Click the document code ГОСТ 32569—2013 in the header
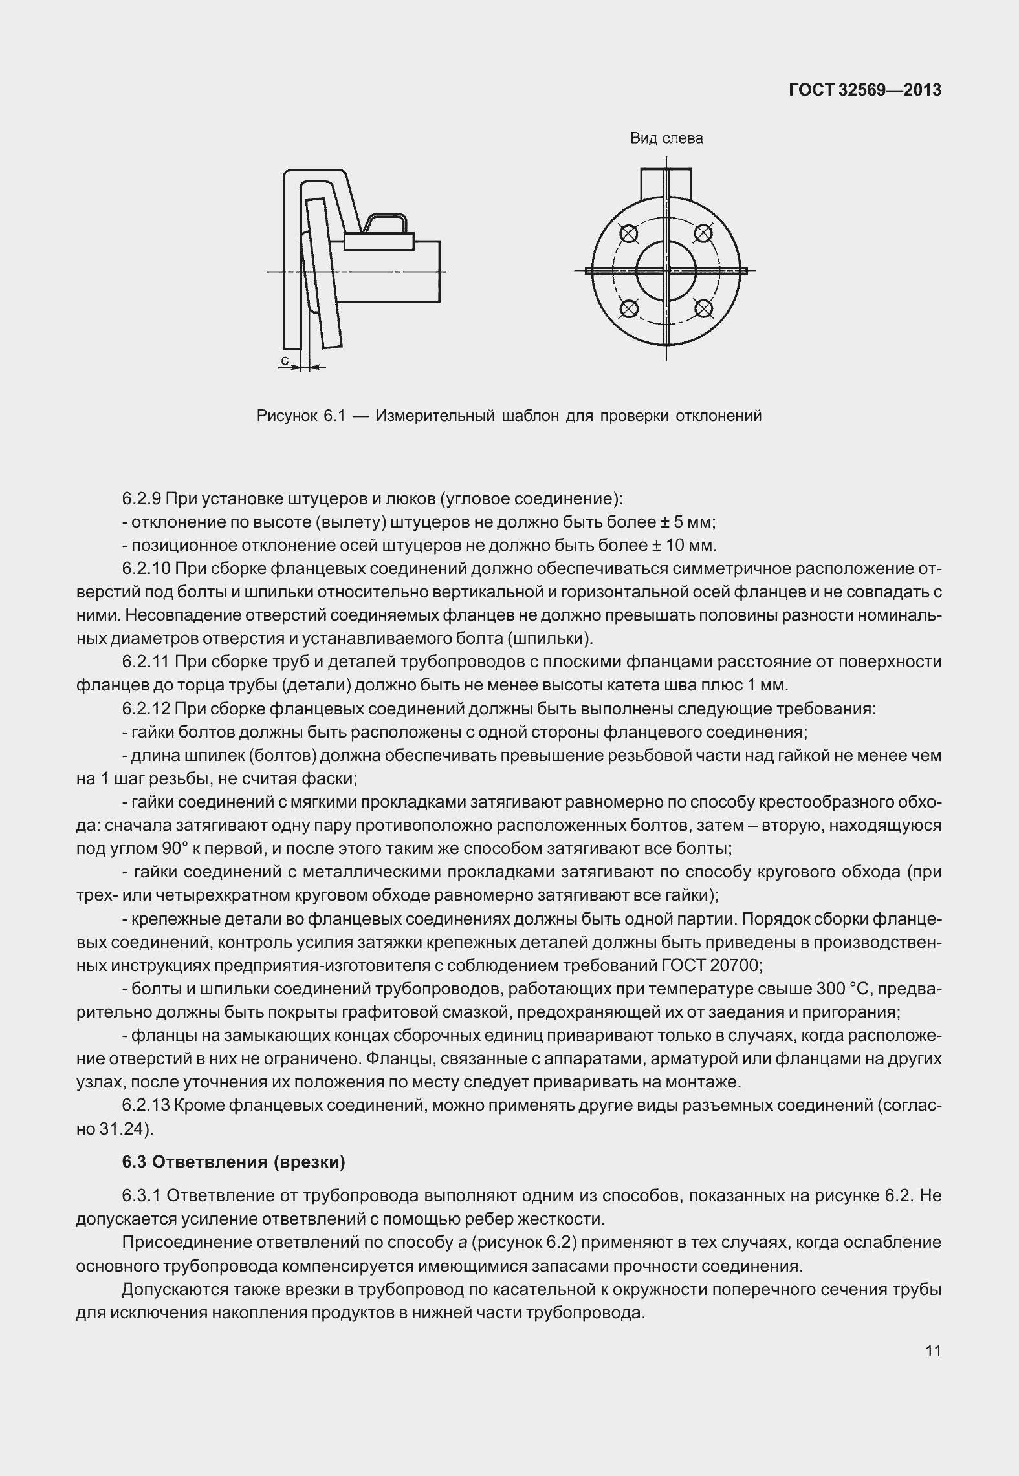[x=865, y=91]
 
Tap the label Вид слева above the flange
[x=666, y=138]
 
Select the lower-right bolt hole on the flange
[x=704, y=308]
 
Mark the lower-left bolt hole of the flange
[x=628, y=308]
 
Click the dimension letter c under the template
[x=285, y=359]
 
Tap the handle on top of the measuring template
[x=386, y=224]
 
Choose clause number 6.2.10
[x=146, y=569]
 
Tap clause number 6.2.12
[x=146, y=709]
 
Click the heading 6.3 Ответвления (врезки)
[x=234, y=1162]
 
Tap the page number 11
[x=933, y=1351]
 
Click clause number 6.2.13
[x=146, y=1106]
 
